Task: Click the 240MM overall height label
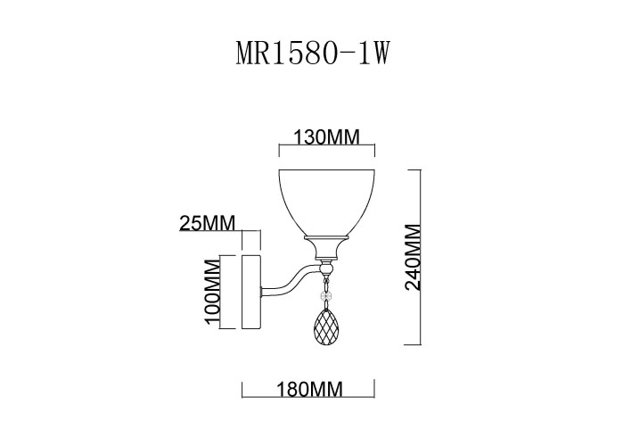[412, 257]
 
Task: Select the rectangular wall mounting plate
[250, 293]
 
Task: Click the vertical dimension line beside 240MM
[420, 257]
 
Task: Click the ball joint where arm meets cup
[327, 266]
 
